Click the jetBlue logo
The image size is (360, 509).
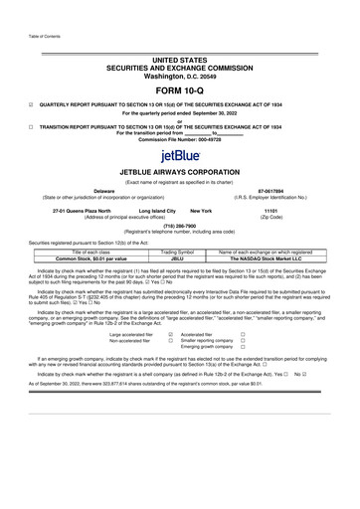pos(180,156)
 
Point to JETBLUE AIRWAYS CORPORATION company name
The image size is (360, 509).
pos(180,171)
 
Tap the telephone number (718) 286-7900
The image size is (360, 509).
pos(180,226)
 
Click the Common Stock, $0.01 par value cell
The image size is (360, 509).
pos(79,258)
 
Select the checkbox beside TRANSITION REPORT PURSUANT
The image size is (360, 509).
pos(31,127)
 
